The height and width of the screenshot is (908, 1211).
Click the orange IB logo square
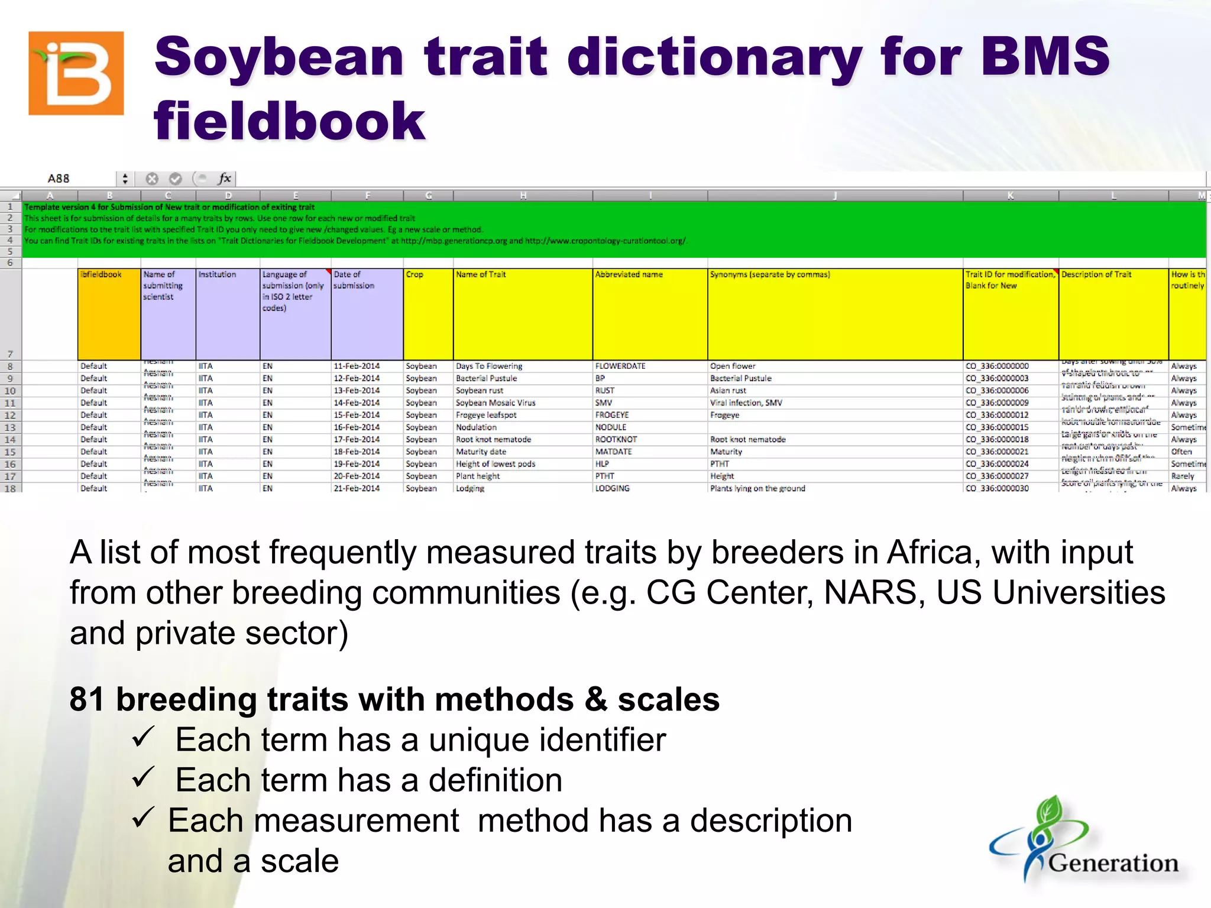76,73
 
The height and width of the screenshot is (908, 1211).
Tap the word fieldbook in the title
289,121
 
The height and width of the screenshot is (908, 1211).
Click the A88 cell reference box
59,179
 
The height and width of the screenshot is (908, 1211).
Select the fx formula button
225,179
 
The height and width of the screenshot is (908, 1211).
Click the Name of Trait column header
481,275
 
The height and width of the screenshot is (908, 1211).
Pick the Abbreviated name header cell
629,275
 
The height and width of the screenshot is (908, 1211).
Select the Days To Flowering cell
489,367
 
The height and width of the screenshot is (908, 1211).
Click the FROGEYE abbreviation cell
612,415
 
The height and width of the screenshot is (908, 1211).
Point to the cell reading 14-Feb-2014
357,403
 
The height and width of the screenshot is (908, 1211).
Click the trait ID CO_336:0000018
997,440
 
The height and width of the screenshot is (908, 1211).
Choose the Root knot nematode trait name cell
493,440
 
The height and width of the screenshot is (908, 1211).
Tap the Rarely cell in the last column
1183,476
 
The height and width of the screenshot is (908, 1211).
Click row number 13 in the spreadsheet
10,427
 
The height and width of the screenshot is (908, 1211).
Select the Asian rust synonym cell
728,391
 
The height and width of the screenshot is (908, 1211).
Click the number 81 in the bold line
87,699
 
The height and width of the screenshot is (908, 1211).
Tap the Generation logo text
1113,864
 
